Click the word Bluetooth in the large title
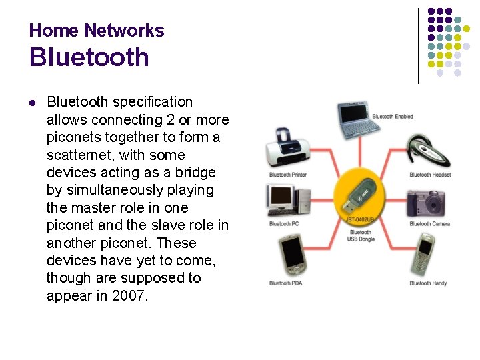[89, 57]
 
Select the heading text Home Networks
[97, 31]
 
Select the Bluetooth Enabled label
[393, 117]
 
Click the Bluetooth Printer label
[288, 175]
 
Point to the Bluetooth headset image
[429, 149]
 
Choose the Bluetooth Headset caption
[430, 175]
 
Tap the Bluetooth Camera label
[430, 224]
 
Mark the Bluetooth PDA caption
[285, 283]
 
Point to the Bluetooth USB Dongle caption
[361, 235]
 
